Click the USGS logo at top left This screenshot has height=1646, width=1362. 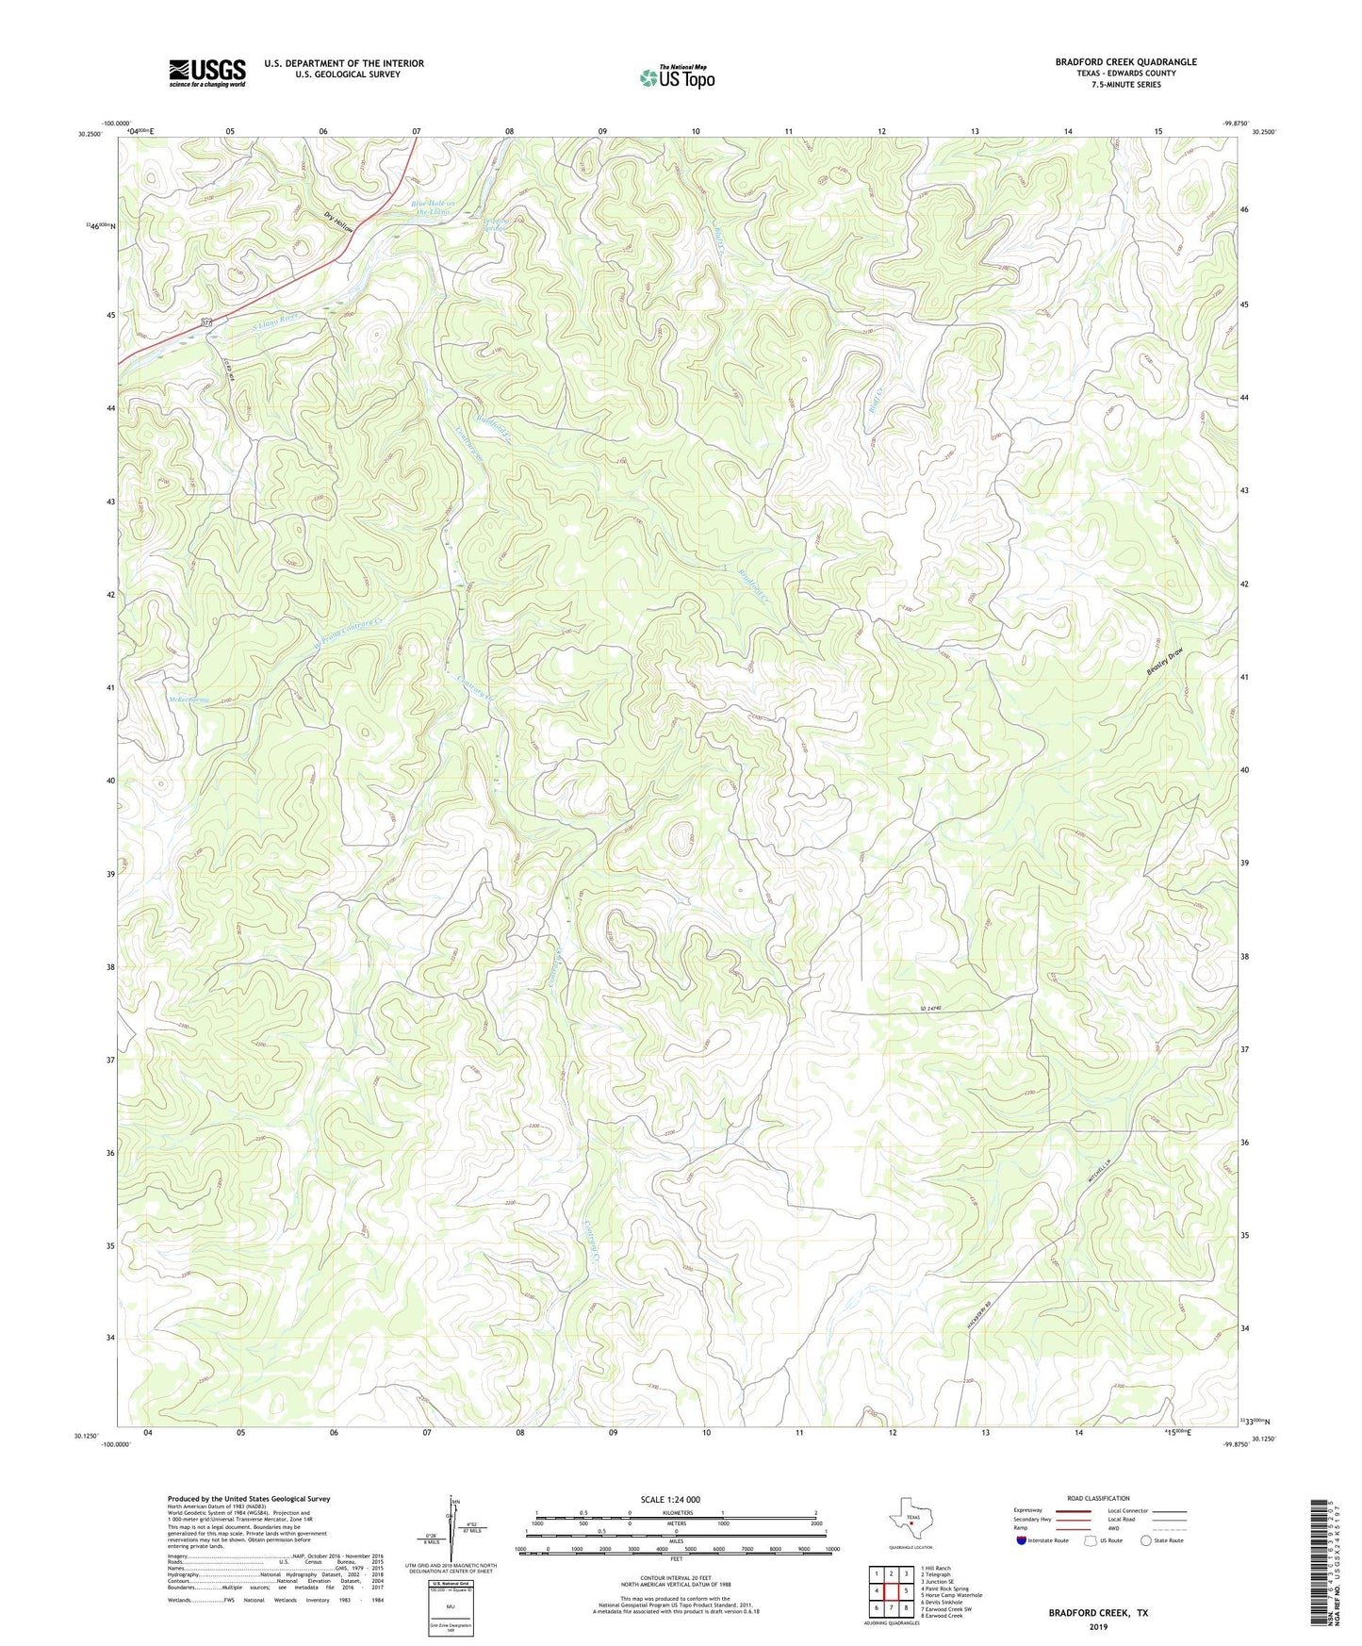click(207, 73)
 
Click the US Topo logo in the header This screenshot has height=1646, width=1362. click(677, 77)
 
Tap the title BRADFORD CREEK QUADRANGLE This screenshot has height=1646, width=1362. click(1125, 62)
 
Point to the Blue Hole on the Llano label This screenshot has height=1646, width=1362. click(433, 208)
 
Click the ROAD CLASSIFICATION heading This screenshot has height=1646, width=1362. click(1098, 1498)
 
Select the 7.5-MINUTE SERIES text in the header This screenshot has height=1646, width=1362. click(1126, 85)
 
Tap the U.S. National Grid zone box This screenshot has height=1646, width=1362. click(450, 1603)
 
